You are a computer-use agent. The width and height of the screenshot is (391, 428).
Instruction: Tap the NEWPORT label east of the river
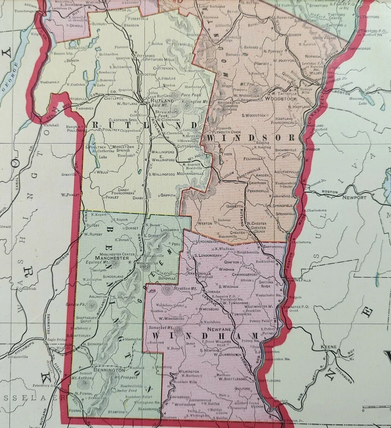(x=354, y=197)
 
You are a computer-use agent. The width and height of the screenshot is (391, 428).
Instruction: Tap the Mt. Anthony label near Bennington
(x=79, y=378)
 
